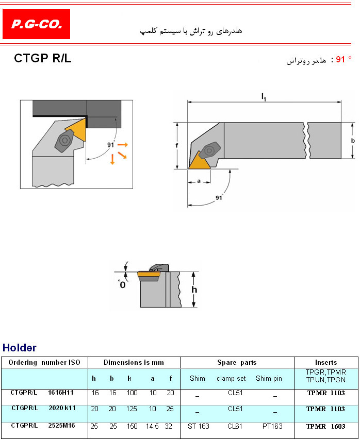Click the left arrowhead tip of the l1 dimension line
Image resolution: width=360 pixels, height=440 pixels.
click(188, 102)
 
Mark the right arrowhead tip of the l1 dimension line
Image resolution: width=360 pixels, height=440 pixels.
click(341, 102)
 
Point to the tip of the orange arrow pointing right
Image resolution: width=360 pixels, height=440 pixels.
click(128, 145)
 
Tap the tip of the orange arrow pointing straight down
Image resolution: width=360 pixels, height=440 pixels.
click(112, 164)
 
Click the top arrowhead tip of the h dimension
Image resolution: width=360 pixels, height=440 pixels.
click(193, 272)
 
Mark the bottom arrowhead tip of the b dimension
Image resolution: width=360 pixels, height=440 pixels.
click(352, 158)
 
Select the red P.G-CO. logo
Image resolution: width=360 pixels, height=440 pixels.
click(36, 24)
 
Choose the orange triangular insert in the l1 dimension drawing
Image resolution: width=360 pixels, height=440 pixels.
click(200, 161)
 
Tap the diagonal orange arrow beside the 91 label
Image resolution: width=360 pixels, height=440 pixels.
click(122, 155)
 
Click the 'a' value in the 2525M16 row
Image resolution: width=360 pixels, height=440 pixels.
click(152, 426)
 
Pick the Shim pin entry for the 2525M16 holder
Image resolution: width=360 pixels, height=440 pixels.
click(272, 426)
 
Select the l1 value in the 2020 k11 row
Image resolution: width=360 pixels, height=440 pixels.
click(132, 409)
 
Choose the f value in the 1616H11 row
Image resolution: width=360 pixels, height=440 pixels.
click(170, 393)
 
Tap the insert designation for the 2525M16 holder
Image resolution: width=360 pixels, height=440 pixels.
click(326, 427)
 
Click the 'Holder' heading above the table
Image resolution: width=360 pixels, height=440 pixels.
click(20, 348)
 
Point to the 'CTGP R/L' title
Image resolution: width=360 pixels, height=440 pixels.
click(43, 58)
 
